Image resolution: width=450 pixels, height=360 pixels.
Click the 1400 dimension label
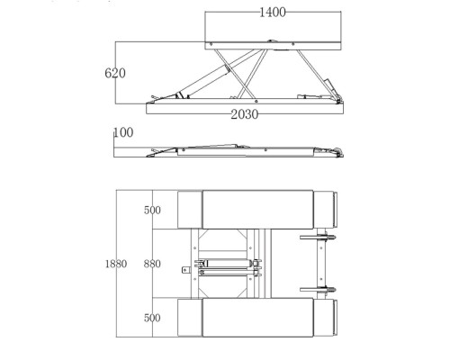[273, 13]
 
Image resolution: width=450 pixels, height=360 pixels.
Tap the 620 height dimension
[115, 73]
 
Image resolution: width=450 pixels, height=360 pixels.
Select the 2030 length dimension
[244, 114]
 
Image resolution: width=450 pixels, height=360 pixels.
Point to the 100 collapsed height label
[123, 132]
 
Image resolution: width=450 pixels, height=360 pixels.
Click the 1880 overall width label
[116, 264]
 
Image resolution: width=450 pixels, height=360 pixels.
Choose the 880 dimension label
[152, 264]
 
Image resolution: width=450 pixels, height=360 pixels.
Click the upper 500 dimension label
[152, 210]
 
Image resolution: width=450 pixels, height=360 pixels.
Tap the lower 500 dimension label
[152, 318]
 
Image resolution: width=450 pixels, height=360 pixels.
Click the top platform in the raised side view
[273, 46]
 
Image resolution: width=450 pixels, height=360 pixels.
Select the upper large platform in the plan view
[257, 210]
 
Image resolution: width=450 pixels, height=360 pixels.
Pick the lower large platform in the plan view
[257, 318]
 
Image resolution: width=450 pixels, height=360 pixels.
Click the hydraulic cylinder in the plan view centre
[227, 264]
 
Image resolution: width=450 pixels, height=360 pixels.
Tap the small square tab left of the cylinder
[186, 270]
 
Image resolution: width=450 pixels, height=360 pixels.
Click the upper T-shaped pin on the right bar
[318, 238]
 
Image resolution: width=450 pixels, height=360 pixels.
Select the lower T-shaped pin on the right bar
[318, 290]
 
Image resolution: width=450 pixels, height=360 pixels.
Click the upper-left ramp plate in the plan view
[190, 210]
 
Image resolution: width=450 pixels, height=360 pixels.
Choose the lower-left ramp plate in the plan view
[190, 318]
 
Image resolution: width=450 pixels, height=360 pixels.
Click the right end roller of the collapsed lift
[338, 152]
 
